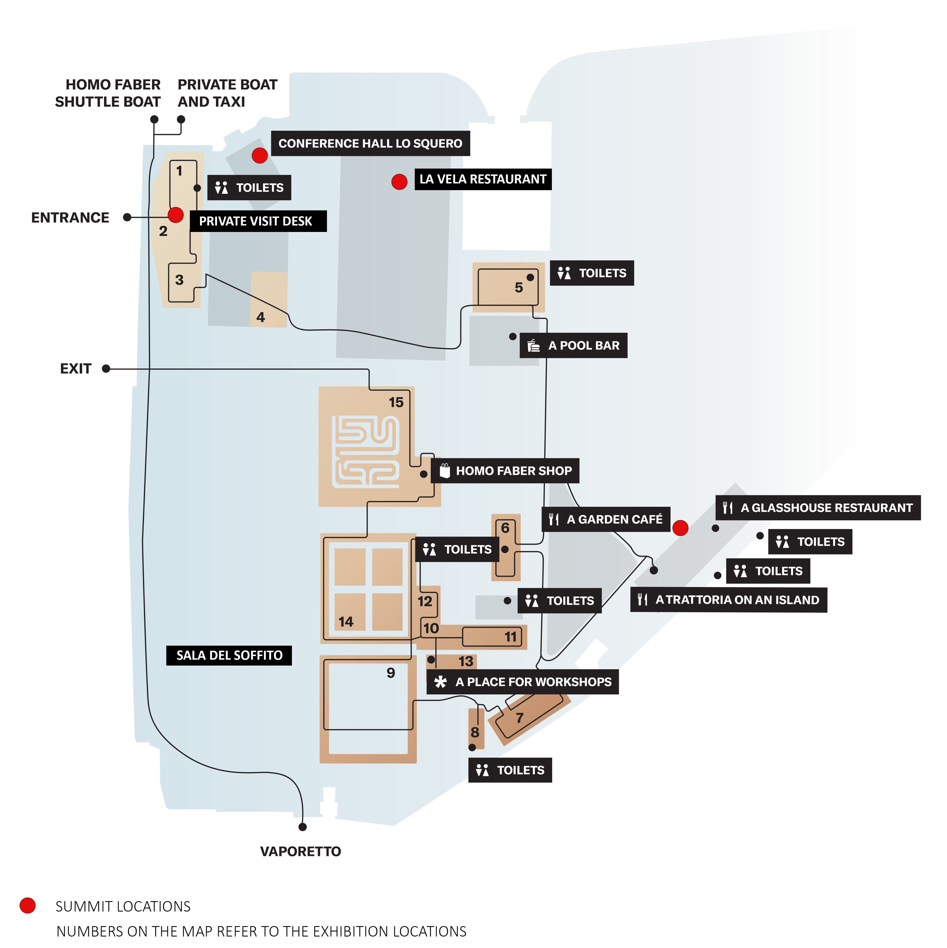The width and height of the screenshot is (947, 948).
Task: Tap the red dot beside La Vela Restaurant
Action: [399, 181]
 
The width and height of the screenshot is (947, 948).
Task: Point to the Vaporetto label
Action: [300, 851]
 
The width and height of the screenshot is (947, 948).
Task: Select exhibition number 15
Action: [396, 402]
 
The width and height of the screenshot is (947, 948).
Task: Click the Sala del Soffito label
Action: [229, 655]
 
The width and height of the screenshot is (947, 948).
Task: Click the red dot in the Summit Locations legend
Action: [27, 906]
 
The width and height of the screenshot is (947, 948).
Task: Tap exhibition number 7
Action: [520, 718]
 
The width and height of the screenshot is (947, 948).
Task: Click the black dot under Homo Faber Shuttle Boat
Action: [154, 119]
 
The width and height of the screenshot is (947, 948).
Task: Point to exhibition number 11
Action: [511, 637]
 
